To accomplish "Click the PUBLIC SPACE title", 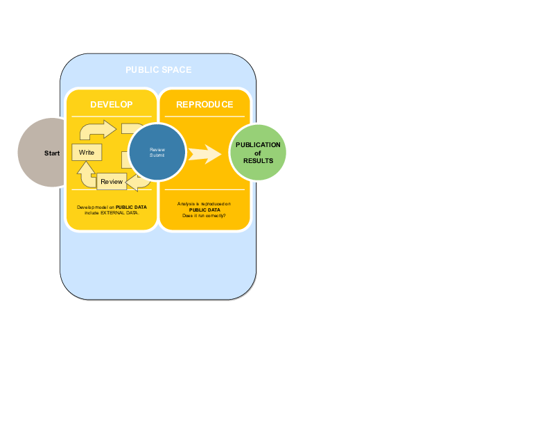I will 158,70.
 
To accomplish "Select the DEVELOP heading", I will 111,105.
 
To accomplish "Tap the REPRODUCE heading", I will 204,105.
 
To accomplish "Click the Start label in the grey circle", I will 52,153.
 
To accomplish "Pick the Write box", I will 87,152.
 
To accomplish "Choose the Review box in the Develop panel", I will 112,182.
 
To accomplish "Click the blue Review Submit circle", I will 157,152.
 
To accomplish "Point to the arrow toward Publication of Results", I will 204,153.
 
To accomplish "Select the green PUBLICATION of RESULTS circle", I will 258,152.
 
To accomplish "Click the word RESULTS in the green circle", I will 258,161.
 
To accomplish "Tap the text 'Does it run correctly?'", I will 204,216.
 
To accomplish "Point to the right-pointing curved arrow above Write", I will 98,130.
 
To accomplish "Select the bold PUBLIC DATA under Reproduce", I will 204,210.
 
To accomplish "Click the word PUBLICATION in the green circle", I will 258,145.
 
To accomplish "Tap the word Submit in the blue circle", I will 157,155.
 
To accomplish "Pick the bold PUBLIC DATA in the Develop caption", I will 131,207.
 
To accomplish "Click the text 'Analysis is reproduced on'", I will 204,203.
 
